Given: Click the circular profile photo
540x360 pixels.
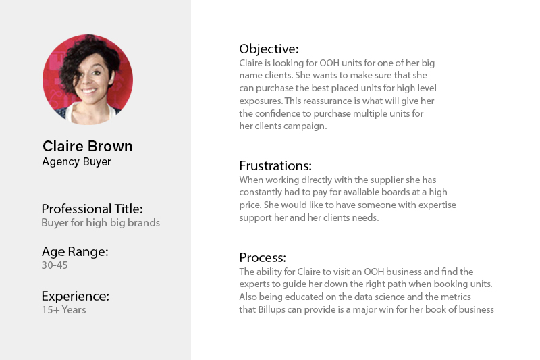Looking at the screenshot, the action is tap(88, 79).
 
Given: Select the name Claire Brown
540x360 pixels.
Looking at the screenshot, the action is tap(88, 146).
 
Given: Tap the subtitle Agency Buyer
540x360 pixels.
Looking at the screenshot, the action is tap(76, 162).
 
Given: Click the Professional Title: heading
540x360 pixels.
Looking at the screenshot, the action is tap(92, 209).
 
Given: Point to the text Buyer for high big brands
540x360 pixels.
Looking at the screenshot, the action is tap(101, 222).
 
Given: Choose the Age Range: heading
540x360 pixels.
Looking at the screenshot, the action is tap(75, 252).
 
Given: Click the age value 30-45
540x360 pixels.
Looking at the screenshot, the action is tap(55, 265).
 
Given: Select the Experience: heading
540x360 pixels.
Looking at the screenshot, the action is tap(76, 297).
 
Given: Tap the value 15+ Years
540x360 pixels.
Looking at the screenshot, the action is tap(64, 310).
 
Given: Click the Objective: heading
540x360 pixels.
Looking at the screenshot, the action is tap(269, 49).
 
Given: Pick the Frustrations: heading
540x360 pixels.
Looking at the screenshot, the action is tap(275, 165).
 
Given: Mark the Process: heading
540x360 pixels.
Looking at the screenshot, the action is tap(263, 258).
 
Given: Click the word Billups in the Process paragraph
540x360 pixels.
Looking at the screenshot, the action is tap(272, 310).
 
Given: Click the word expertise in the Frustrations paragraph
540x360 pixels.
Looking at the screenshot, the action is tap(437, 205).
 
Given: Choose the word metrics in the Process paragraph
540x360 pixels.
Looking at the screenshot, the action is tap(456, 297).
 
